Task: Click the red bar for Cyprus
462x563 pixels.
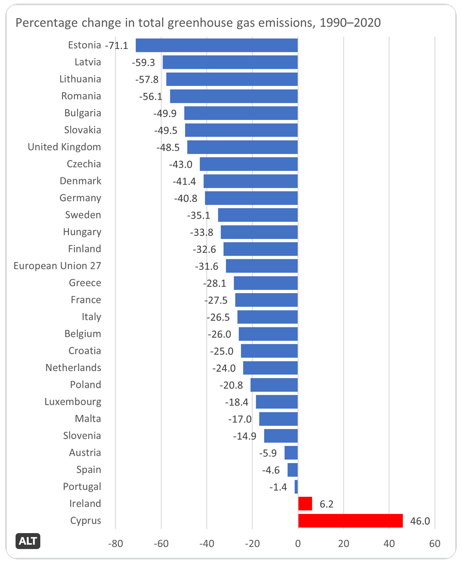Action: point(350,521)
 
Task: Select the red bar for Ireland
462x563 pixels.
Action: point(305,504)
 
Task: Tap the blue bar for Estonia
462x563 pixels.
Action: point(217,45)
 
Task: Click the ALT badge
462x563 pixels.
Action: point(28,541)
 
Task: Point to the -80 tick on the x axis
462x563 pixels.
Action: point(115,543)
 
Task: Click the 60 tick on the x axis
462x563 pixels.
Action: point(435,543)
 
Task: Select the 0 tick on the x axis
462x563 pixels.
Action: point(298,543)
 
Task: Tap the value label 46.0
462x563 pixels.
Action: point(420,521)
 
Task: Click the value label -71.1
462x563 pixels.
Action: point(116,45)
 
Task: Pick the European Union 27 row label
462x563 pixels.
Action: point(57,266)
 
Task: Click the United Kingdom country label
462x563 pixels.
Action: point(64,147)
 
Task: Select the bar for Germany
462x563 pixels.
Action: point(251,198)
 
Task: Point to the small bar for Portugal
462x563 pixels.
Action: point(296,487)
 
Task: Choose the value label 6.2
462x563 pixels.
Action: point(326,504)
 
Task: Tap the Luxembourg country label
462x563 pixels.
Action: point(73,402)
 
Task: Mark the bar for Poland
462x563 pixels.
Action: point(274,385)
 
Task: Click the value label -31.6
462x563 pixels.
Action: point(207,266)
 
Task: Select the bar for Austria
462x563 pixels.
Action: point(291,453)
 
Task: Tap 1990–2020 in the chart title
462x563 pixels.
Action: point(350,23)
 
